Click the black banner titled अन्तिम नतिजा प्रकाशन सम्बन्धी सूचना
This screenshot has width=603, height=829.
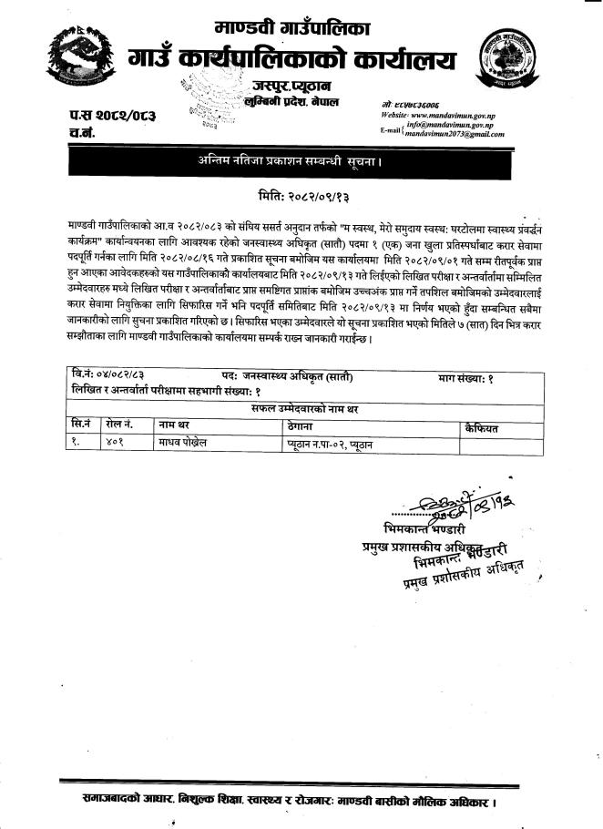point(301,161)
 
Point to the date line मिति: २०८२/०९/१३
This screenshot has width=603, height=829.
point(301,196)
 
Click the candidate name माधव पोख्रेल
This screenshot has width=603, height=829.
point(188,445)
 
